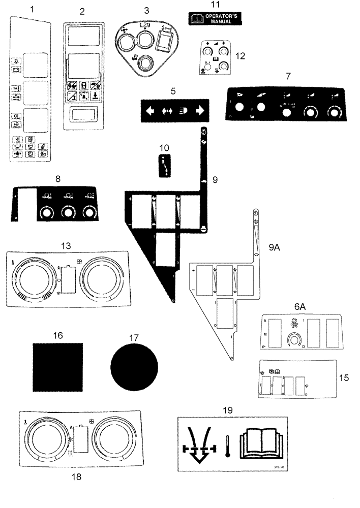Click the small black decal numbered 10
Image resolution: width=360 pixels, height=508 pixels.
[164, 166]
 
